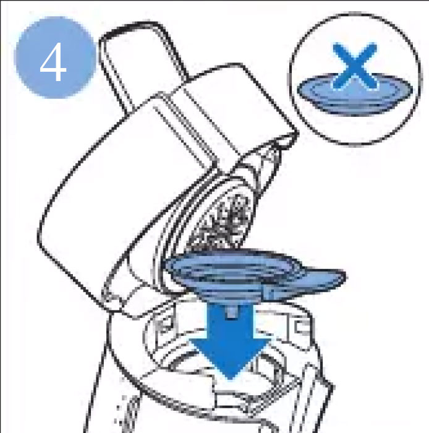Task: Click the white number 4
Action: (x=53, y=63)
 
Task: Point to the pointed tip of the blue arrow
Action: (x=231, y=378)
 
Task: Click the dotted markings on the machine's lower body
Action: (x=132, y=408)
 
